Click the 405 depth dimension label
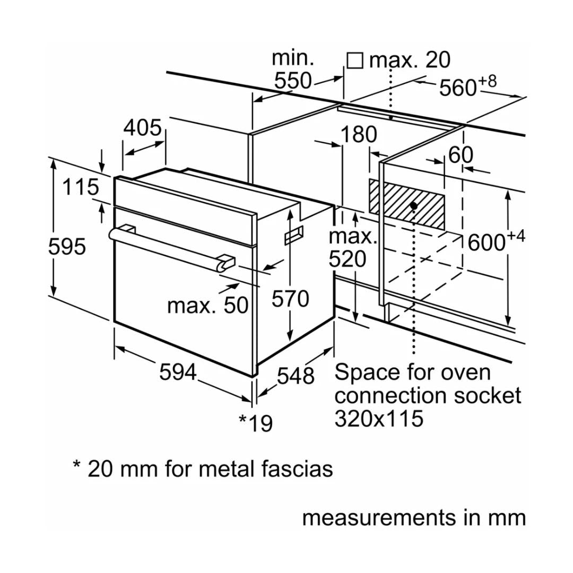(x=142, y=128)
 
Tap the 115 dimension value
(x=81, y=187)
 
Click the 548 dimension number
(x=296, y=376)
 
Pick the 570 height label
(x=290, y=299)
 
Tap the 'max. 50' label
(x=207, y=305)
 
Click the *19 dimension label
(x=255, y=423)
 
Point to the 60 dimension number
(x=461, y=155)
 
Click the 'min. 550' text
(x=293, y=70)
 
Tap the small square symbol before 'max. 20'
(x=354, y=60)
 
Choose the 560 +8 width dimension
(x=467, y=87)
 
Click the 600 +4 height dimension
(x=496, y=241)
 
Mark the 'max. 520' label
(x=352, y=248)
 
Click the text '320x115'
(x=379, y=419)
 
